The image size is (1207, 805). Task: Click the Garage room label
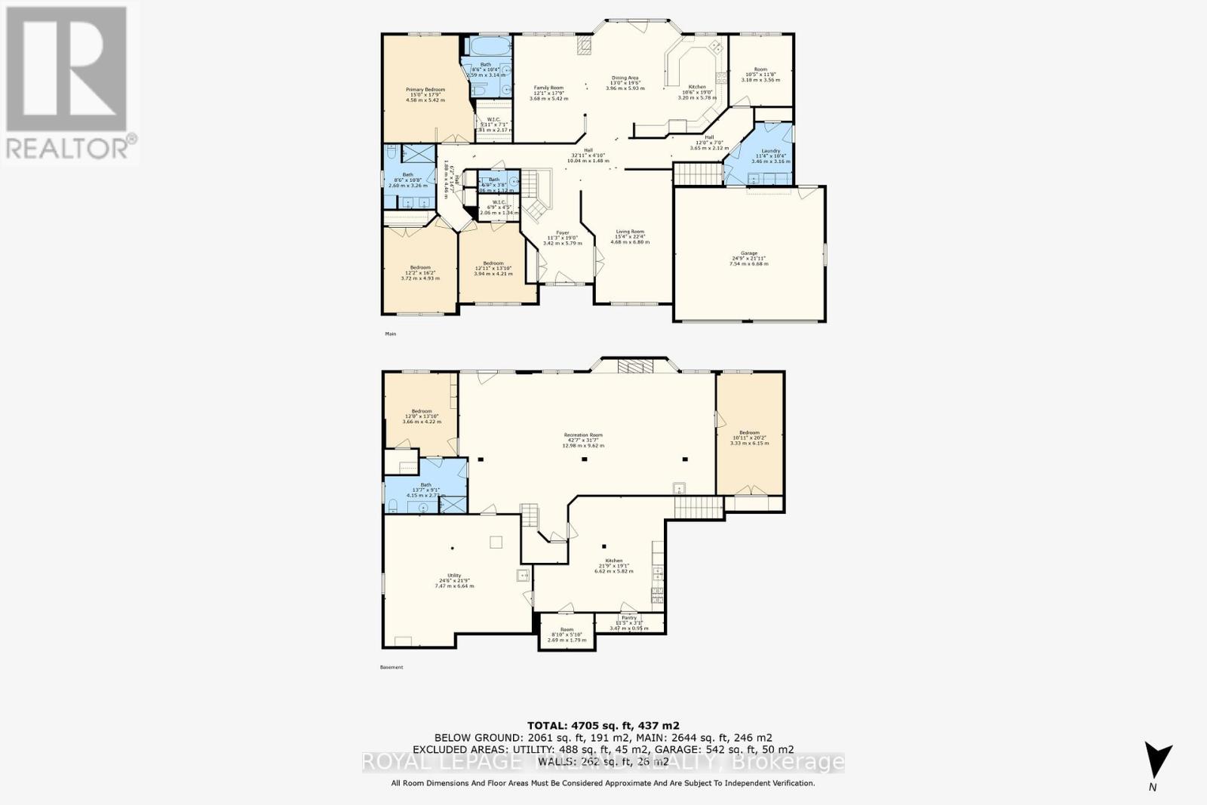tap(748, 253)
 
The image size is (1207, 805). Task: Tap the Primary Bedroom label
tap(425, 90)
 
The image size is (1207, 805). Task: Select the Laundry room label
tap(770, 151)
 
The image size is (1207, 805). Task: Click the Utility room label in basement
tap(453, 576)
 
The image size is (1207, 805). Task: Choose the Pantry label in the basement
tap(628, 617)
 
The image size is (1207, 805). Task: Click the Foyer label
tap(563, 233)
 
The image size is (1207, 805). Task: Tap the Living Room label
tap(629, 232)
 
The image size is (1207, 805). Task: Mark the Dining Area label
tap(625, 78)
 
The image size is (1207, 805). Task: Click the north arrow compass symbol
tap(1158, 759)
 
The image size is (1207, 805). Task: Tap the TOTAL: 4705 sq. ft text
tap(603, 725)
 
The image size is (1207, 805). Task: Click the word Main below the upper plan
tap(390, 333)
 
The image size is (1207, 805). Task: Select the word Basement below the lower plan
tap(392, 667)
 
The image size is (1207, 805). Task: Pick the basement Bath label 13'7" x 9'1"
tap(425, 485)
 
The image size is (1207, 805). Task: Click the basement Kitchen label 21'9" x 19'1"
tap(613, 561)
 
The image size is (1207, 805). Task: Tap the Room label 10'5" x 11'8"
tap(760, 69)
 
